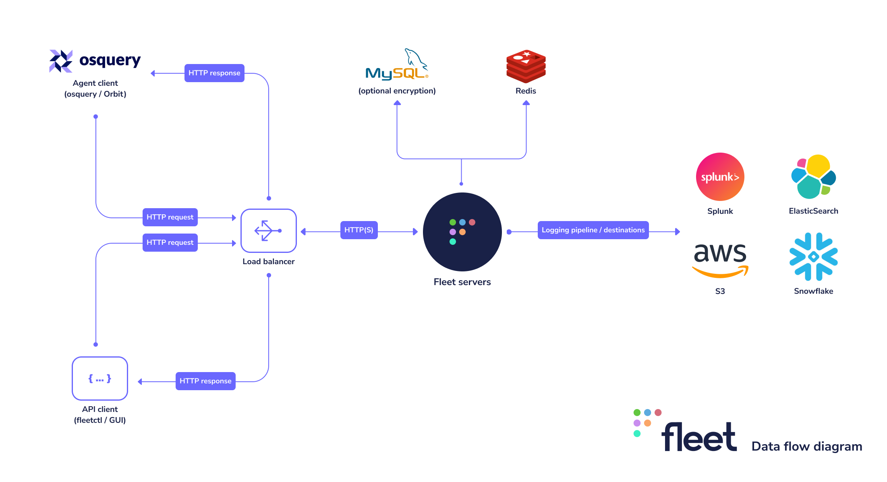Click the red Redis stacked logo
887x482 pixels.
pyautogui.click(x=526, y=66)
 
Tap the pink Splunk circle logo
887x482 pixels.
pyautogui.click(x=720, y=177)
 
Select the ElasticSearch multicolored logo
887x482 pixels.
pyautogui.click(x=813, y=177)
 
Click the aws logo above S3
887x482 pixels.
pyautogui.click(x=720, y=260)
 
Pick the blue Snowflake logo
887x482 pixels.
pyautogui.click(x=813, y=257)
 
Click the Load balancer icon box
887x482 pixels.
pyautogui.click(x=268, y=231)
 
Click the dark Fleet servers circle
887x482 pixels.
pyautogui.click(x=462, y=232)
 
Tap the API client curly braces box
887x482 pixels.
pyautogui.click(x=100, y=379)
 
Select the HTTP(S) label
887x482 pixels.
pyautogui.click(x=359, y=230)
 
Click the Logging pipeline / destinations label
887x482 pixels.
pyautogui.click(x=593, y=230)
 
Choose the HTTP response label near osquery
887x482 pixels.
pyautogui.click(x=214, y=73)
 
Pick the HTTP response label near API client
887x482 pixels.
pyautogui.click(x=205, y=381)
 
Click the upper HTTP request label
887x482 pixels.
pyautogui.click(x=170, y=217)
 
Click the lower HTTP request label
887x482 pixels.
pyautogui.click(x=170, y=242)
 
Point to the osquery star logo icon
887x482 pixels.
pyautogui.click(x=61, y=61)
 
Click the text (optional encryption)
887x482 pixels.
pyautogui.click(x=397, y=91)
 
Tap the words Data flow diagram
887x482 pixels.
pyautogui.click(x=806, y=446)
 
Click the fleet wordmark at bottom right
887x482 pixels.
pyautogui.click(x=699, y=437)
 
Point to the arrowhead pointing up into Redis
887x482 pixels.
pyautogui.click(x=526, y=103)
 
